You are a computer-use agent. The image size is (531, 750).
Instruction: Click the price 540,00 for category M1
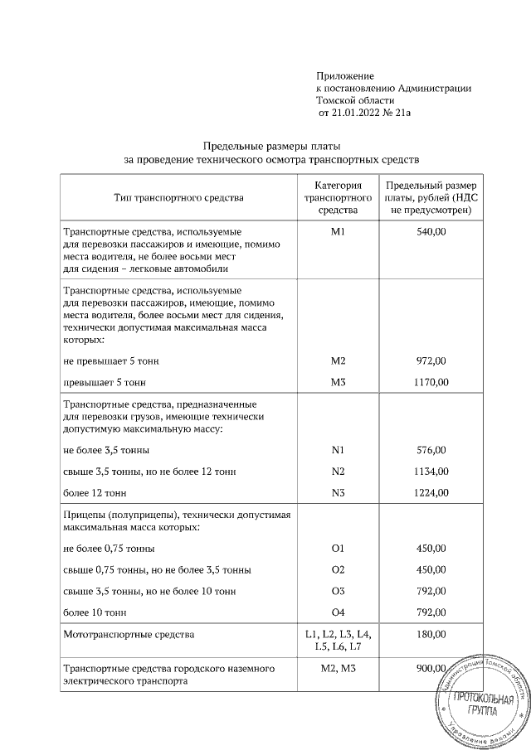(x=431, y=234)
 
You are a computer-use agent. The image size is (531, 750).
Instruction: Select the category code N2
(x=337, y=471)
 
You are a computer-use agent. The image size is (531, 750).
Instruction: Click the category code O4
(x=337, y=612)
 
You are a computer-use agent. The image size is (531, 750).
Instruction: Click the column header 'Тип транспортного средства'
(x=179, y=198)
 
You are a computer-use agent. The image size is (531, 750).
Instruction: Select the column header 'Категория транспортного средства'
(x=337, y=198)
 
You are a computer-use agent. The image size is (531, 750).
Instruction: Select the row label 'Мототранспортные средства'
(x=129, y=635)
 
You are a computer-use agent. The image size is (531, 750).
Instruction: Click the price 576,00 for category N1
(x=431, y=450)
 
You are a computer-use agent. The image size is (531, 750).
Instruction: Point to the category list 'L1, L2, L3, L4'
(x=337, y=634)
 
